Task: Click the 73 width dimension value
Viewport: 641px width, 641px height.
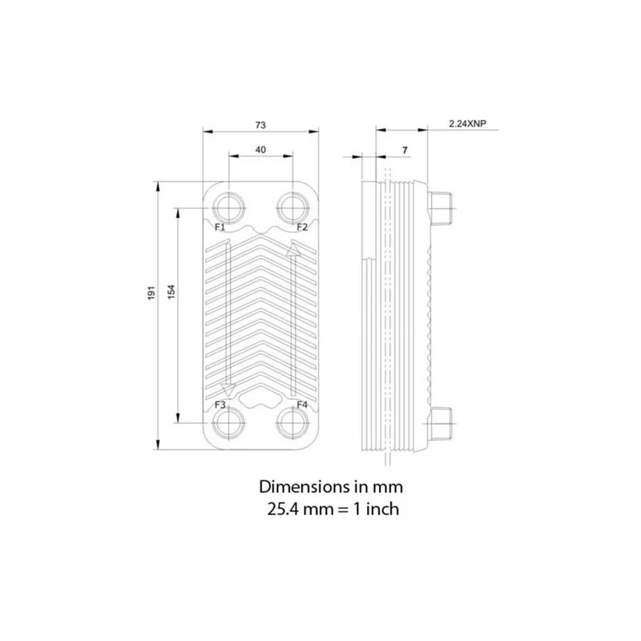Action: [x=260, y=125]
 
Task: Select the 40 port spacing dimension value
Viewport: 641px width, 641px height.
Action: [x=260, y=150]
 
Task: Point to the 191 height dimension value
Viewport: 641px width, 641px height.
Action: [x=151, y=292]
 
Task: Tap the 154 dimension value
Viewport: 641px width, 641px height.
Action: [x=171, y=292]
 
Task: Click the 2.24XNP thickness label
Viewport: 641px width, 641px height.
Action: [x=468, y=123]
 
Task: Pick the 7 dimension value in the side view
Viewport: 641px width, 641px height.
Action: [x=405, y=151]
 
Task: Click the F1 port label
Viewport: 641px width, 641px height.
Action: [x=220, y=227]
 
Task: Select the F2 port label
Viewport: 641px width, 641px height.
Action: [x=302, y=227]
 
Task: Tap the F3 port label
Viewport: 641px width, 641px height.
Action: [x=220, y=405]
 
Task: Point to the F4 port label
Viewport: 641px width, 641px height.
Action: [x=302, y=405]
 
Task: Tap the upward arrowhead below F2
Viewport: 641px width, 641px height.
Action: [x=292, y=249]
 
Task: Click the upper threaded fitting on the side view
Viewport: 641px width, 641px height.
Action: [x=440, y=208]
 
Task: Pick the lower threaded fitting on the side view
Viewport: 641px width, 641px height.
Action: [x=440, y=424]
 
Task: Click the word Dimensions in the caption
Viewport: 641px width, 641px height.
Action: [x=300, y=487]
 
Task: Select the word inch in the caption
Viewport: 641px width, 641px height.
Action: [x=382, y=510]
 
